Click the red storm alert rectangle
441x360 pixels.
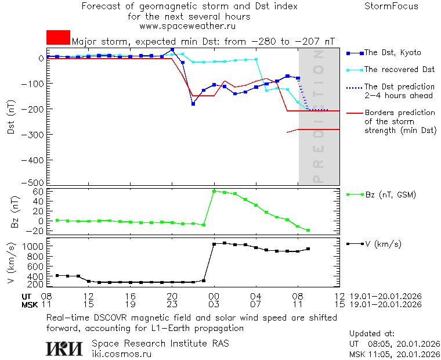58,37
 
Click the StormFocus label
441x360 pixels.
391,6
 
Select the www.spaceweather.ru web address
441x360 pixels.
187,26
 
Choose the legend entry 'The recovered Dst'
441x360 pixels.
399,70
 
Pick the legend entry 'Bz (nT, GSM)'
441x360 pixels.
389,195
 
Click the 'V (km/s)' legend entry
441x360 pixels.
382,244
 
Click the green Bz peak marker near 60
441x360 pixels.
214,190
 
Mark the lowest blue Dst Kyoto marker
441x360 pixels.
193,103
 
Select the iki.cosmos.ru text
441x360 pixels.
122,353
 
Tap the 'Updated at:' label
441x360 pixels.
372,334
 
